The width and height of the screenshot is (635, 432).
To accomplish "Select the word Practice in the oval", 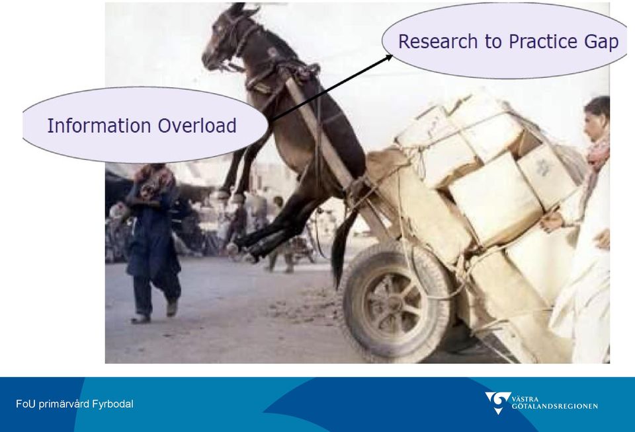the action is coord(542,41).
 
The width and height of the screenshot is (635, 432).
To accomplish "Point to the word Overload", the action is coord(197,126).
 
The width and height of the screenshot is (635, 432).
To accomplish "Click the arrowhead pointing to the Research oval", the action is coord(388,57).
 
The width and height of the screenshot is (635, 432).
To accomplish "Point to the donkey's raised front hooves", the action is coord(229,197).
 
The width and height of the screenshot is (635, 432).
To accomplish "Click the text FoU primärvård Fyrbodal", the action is coord(75,404).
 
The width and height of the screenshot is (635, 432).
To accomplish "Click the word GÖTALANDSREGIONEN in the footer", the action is coord(554,406).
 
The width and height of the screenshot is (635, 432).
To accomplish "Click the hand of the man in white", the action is coord(551,222).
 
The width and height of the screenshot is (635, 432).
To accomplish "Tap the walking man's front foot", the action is coord(140,319).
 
